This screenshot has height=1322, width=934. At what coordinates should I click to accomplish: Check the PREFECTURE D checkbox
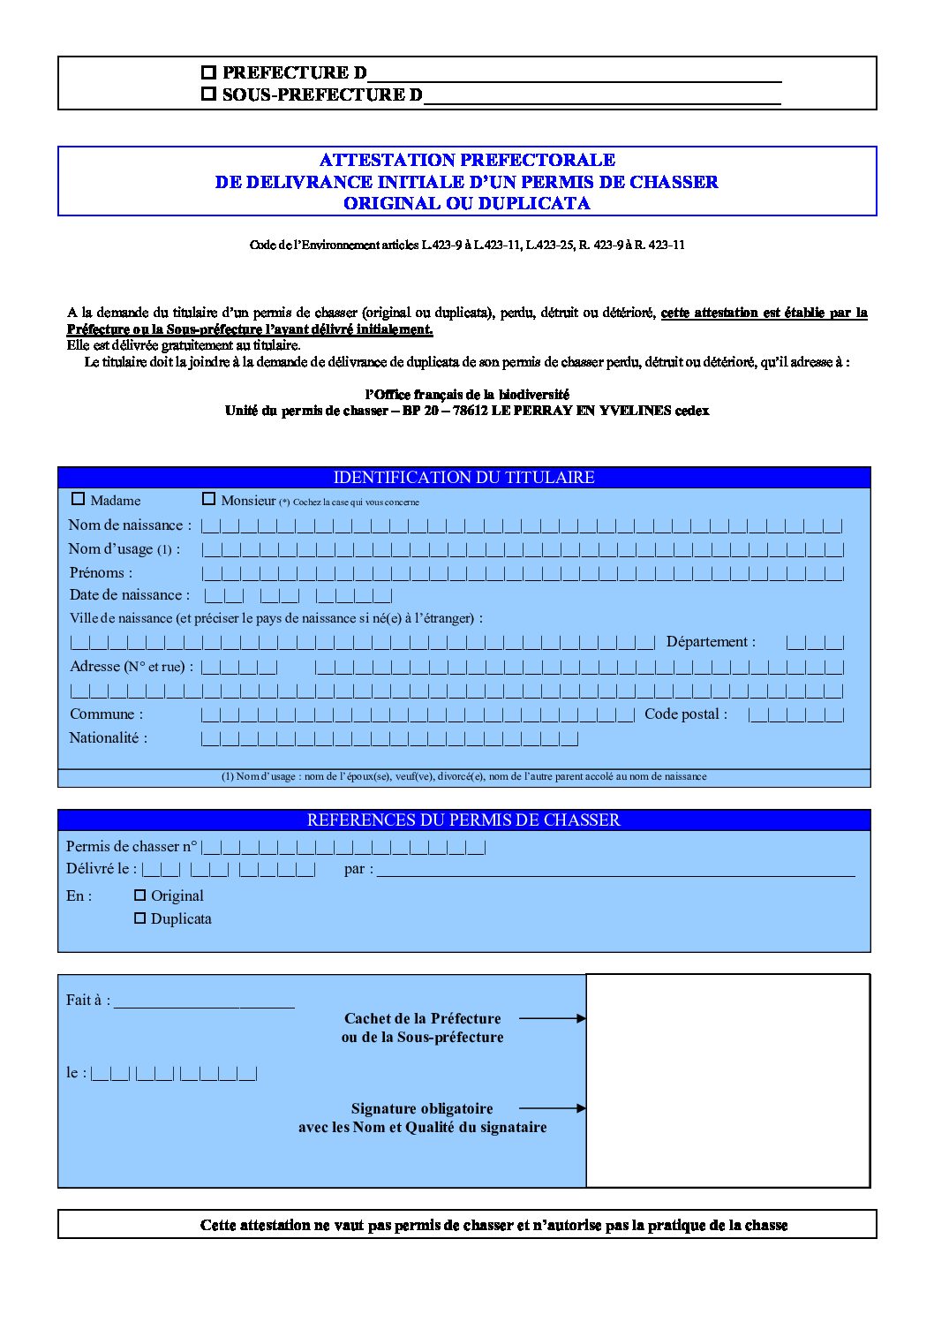click(208, 72)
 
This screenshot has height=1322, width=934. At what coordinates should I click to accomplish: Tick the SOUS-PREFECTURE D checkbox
click(208, 94)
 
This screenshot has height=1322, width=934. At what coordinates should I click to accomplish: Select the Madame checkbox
click(78, 499)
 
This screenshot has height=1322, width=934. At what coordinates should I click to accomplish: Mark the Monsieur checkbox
click(208, 499)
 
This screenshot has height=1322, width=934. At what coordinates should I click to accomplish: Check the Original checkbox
click(139, 895)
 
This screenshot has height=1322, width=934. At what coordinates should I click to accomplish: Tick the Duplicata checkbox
click(139, 918)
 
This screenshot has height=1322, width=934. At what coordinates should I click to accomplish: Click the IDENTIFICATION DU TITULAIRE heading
click(463, 478)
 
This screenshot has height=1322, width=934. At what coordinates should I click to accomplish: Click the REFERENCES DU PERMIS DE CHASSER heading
click(463, 820)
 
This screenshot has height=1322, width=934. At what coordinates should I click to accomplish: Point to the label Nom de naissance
click(129, 525)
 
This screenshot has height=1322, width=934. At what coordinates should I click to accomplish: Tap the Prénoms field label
click(100, 573)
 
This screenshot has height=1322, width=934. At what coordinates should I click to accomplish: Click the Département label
click(711, 642)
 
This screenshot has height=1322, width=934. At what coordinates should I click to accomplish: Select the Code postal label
click(686, 714)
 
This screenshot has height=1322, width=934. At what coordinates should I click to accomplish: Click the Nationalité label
click(108, 738)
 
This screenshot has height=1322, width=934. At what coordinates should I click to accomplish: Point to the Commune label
click(106, 714)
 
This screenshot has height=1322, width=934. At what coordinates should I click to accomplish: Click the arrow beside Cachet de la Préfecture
click(552, 1018)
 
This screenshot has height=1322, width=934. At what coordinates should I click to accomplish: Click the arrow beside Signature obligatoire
click(552, 1108)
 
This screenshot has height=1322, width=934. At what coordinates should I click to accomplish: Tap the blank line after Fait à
click(204, 1001)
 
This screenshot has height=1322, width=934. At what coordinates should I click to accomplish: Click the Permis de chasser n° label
click(132, 847)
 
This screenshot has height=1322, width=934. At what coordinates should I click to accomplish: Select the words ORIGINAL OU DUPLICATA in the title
click(467, 203)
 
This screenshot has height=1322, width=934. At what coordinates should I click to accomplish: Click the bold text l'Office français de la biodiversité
click(467, 395)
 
